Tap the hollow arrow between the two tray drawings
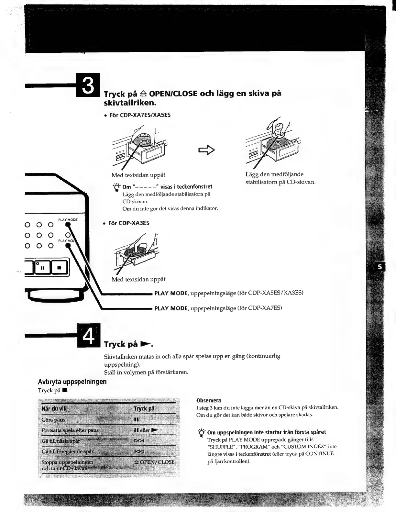207,150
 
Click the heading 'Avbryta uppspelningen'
72,381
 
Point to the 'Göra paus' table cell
53,420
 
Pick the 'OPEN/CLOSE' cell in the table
154,462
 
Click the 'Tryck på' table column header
144,408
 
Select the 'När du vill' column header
54,408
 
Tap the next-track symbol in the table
139,441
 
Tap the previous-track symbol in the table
139,451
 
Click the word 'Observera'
209,400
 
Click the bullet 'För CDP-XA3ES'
128,223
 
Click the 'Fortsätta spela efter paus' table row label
70,430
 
